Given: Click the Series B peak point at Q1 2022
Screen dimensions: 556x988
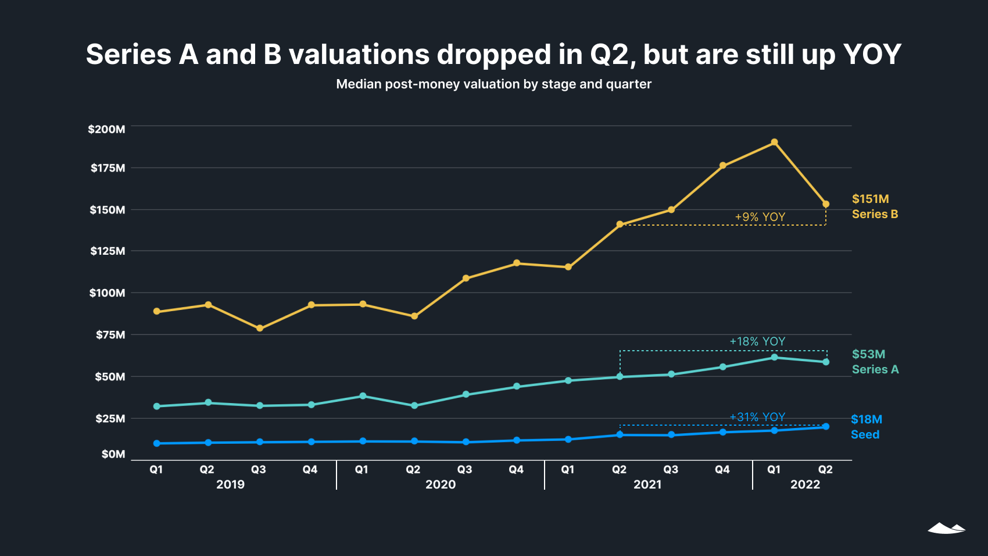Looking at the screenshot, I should pyautogui.click(x=774, y=142).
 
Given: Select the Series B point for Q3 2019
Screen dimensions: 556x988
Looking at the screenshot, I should pyautogui.click(x=260, y=329).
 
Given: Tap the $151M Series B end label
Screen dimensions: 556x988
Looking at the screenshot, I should pyautogui.click(x=875, y=206).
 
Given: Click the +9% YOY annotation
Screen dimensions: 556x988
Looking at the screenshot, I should pyautogui.click(x=760, y=217).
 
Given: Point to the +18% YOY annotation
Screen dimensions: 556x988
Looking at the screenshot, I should pyautogui.click(x=757, y=341).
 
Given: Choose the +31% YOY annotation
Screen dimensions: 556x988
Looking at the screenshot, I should pyautogui.click(x=757, y=417).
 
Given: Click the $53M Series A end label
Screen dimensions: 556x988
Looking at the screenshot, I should pyautogui.click(x=875, y=362).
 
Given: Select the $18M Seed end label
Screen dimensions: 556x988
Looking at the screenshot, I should pyautogui.click(x=866, y=427).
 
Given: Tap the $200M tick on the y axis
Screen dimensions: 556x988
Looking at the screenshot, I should pyautogui.click(x=106, y=129).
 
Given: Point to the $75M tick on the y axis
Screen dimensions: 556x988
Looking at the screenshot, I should pyautogui.click(x=110, y=334).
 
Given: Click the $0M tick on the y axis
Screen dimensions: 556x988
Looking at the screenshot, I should pyautogui.click(x=113, y=454).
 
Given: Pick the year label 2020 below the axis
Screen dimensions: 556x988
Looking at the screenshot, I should pyautogui.click(x=441, y=484).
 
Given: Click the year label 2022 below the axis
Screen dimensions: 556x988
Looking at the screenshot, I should pyautogui.click(x=805, y=484).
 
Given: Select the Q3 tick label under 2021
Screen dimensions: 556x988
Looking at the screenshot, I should pyautogui.click(x=671, y=469).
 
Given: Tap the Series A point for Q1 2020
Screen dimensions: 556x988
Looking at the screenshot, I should pyautogui.click(x=363, y=396).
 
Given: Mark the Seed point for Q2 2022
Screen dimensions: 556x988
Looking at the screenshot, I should pyautogui.click(x=826, y=426).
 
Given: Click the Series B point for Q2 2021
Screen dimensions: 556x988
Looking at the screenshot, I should pyautogui.click(x=620, y=224).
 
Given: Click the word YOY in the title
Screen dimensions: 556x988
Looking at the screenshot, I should pyautogui.click(x=872, y=55).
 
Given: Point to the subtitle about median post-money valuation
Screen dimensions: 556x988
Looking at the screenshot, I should pyautogui.click(x=493, y=84).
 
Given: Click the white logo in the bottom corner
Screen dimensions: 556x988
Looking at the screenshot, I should pyautogui.click(x=946, y=528).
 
